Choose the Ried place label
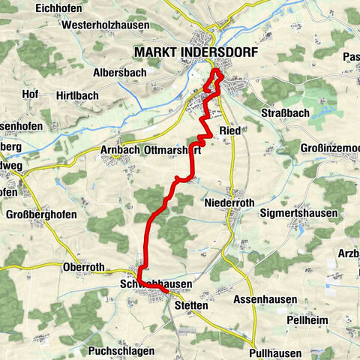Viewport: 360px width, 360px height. tap(229, 131)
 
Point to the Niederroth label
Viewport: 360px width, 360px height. tap(229, 202)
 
